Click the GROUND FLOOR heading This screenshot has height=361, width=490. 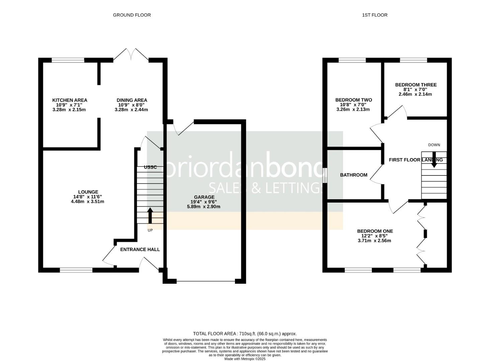point(132,15)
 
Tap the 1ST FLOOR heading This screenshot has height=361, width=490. point(375,15)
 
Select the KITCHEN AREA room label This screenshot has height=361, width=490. point(70,100)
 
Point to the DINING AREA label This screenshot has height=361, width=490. point(132,100)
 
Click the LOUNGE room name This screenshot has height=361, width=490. point(88,192)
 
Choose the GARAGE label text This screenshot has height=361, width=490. point(204,197)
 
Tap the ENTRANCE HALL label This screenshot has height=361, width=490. point(140,250)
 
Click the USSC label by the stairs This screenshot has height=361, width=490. point(151,167)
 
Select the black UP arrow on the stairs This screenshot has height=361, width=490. point(150,216)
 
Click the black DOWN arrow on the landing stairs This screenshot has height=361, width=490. point(434,160)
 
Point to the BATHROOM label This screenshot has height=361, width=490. point(354,175)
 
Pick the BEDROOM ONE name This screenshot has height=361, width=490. point(375,231)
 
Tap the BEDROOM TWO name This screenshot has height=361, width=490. point(354,100)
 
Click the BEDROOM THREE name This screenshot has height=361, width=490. point(416,85)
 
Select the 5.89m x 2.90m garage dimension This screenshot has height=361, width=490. point(203,207)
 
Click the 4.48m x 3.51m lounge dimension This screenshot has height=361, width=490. point(87,202)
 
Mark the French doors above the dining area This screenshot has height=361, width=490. point(131,54)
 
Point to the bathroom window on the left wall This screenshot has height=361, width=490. point(325,175)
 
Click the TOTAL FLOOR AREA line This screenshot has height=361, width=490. point(245,334)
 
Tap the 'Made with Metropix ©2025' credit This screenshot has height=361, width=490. point(245,359)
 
